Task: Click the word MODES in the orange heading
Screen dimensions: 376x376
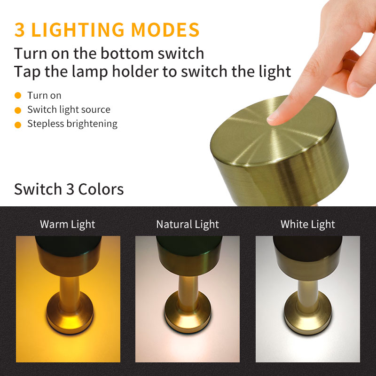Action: [165, 30]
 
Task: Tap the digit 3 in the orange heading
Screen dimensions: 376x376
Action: [20, 30]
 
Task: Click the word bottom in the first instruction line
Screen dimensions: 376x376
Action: [127, 53]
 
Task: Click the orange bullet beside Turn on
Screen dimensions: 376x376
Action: [18, 95]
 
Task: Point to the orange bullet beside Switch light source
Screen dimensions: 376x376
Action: [18, 110]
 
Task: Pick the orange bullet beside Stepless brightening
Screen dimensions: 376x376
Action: [18, 125]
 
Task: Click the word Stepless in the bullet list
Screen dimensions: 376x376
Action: [46, 124]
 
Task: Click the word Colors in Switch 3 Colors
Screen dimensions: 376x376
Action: [101, 189]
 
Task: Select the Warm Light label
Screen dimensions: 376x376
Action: [68, 225]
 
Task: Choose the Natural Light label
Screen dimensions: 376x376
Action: [188, 225]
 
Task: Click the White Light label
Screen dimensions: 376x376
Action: [308, 225]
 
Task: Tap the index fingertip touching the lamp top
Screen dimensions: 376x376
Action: [274, 118]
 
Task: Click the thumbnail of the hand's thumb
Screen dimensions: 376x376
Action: [357, 88]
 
